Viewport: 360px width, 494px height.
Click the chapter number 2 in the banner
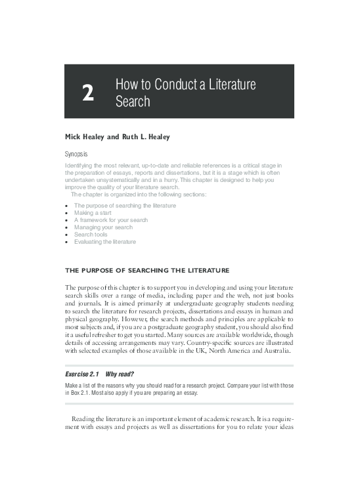tap(87, 93)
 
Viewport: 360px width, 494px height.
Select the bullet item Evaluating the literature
tap(105, 242)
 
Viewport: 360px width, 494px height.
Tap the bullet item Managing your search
tap(103, 227)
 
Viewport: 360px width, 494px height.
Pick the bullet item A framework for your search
tap(111, 220)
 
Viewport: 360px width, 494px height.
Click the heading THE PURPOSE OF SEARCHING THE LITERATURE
tap(146, 270)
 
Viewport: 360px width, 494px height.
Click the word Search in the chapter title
tap(133, 102)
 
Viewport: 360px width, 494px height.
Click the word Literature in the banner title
tap(230, 85)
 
